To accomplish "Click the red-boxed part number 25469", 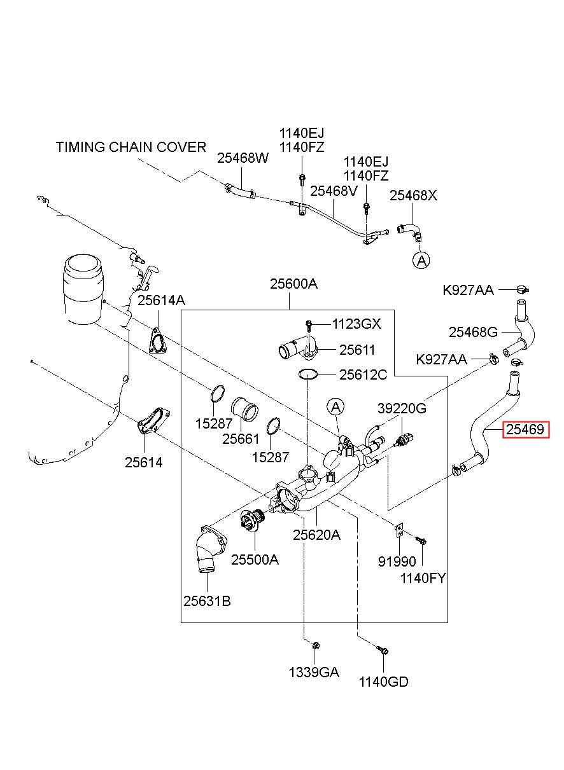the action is point(525,429).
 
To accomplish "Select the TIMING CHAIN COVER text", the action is point(131,147).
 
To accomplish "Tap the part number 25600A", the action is point(293,284).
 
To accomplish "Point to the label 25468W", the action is point(243,158).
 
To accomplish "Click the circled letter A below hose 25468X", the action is point(421,260).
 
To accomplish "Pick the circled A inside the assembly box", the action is point(335,407).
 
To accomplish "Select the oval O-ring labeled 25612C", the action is point(307,374).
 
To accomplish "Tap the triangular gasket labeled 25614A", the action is point(158,341).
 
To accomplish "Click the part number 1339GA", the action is point(314,672).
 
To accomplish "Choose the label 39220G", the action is point(402,408).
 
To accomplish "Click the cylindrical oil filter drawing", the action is point(83,289).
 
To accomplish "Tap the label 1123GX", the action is point(356,324).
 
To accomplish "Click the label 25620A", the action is point(316,535).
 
